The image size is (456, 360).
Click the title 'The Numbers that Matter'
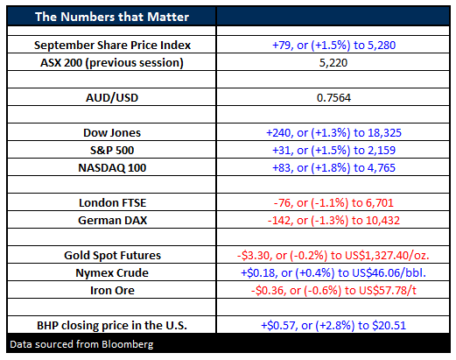pos(112,17)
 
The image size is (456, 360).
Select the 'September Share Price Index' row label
pos(112,46)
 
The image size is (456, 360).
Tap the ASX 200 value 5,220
pos(333,63)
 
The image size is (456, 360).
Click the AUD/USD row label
pos(112,98)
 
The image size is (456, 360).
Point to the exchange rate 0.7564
pos(333,98)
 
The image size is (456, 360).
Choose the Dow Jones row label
pos(112,133)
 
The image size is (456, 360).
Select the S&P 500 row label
pos(112,151)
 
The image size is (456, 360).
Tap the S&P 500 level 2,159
pos(382,151)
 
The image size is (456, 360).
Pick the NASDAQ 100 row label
pos(112,168)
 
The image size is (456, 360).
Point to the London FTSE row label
pos(112,203)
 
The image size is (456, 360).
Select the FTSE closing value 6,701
pos(380,203)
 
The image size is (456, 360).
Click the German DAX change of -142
pos(280,221)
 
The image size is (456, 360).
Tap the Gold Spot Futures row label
pos(112,256)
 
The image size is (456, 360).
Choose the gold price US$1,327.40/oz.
pos(387,256)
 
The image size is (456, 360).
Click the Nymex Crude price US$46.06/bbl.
pos(389,273)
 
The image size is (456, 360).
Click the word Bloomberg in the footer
pos(128,345)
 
